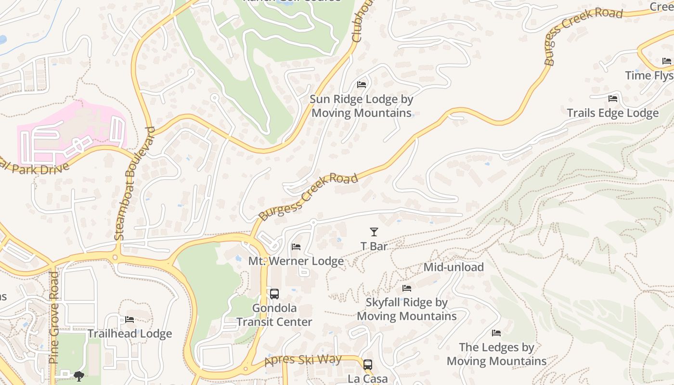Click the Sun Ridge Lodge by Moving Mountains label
pos(361,106)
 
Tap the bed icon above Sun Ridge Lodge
pos(362,85)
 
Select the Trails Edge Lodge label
pos(612,113)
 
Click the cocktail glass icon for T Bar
pos(374,232)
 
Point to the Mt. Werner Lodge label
pos(296,261)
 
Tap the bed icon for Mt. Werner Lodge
pos(296,247)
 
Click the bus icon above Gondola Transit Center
pos(274,294)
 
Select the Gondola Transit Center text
pos(274,315)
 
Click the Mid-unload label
pos(454,267)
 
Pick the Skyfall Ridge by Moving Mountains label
pos(407,309)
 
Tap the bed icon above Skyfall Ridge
pos(407,288)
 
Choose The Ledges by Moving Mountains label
pos(496,354)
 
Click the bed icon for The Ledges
pos(496,333)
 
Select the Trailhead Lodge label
pos(130,334)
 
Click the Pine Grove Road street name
pos(54,318)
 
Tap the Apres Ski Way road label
pos(303,359)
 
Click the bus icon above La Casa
pos(368,364)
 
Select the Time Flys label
pos(649,76)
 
